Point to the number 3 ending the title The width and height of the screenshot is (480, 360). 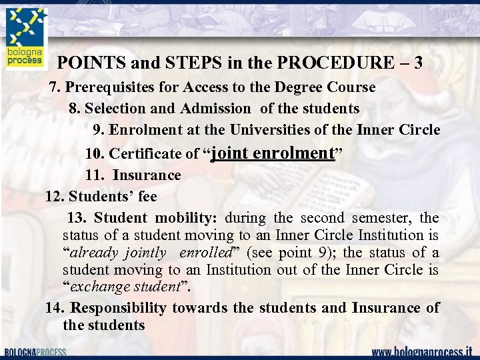point(417,63)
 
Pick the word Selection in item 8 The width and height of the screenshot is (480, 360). point(115,108)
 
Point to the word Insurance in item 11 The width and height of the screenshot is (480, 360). point(147,175)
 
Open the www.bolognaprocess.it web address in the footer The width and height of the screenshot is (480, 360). point(421,351)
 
